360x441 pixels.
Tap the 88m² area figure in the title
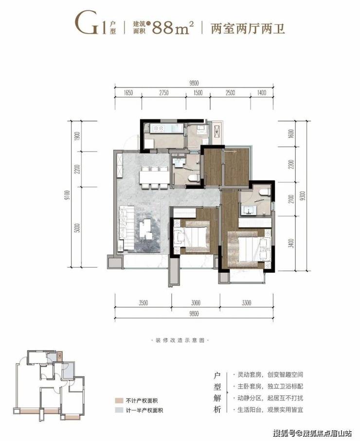(173, 27)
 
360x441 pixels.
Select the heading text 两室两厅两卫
(248, 28)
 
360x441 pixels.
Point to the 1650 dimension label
(128, 93)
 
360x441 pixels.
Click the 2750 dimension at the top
(163, 93)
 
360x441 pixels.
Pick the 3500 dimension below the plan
(143, 302)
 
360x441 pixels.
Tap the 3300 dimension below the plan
(246, 302)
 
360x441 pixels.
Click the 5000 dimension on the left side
(78, 228)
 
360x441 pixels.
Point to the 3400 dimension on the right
(291, 243)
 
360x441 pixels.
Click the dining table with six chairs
(154, 177)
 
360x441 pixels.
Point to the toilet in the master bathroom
(265, 192)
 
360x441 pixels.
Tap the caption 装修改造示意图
(180, 340)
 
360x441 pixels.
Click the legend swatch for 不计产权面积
(119, 401)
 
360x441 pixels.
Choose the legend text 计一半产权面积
(144, 410)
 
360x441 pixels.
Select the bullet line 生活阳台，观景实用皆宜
(270, 409)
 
